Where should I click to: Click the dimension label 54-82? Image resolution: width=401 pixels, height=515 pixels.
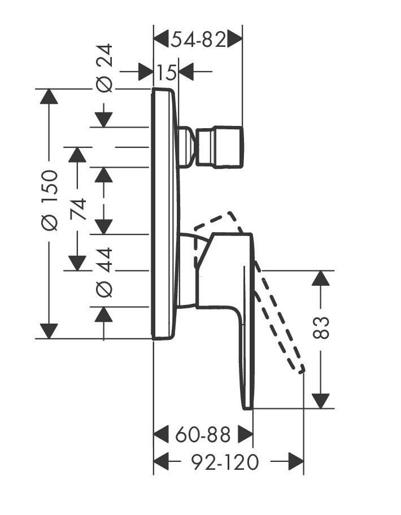(x=198, y=40)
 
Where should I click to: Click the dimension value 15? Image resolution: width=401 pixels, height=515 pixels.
(x=167, y=72)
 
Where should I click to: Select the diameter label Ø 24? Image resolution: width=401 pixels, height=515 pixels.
(x=104, y=68)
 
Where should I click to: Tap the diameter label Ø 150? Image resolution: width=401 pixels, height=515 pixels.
(x=50, y=199)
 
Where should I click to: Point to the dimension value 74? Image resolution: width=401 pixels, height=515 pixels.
(x=77, y=209)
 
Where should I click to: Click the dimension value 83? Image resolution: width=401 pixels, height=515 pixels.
(x=320, y=328)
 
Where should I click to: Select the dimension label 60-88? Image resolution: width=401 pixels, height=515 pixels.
(x=203, y=435)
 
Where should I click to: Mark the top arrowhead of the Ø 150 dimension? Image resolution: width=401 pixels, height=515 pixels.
(x=49, y=97)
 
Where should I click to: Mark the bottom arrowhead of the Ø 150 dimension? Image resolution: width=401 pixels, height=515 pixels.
(x=49, y=331)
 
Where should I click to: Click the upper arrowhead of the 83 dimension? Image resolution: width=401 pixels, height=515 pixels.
(x=320, y=278)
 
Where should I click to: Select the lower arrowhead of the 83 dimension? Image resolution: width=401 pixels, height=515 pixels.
(x=320, y=400)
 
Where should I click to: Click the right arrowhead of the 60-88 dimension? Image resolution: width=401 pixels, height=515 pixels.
(x=245, y=434)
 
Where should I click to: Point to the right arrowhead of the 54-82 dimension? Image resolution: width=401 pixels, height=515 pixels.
(x=234, y=40)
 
